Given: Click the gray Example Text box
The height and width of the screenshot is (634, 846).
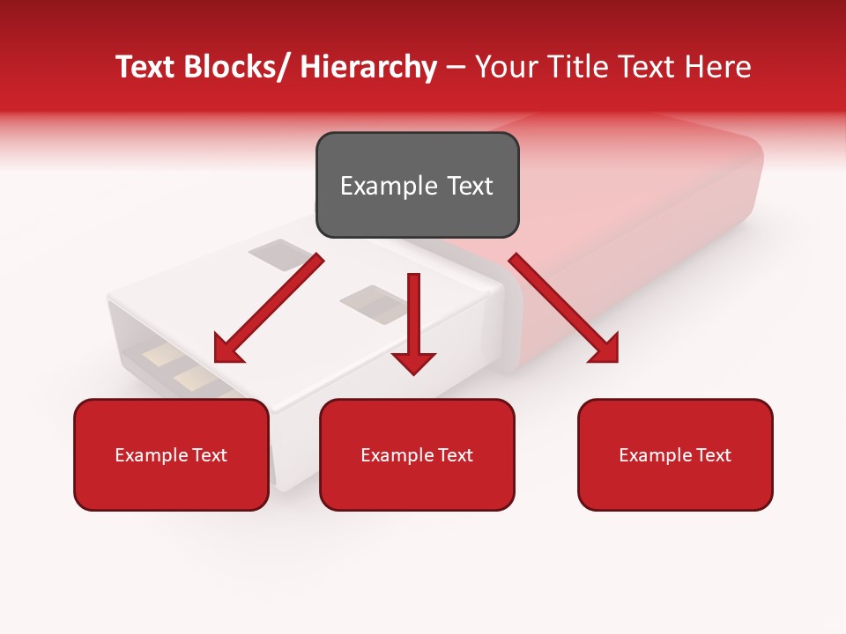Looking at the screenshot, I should coord(417,185).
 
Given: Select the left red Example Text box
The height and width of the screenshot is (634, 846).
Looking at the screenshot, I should coord(171,454).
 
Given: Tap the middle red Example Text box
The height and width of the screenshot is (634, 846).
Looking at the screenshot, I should coord(417,454).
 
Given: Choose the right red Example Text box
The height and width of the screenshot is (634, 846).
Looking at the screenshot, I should coord(675,454).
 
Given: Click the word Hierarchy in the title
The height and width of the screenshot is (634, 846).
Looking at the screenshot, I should coord(368,67).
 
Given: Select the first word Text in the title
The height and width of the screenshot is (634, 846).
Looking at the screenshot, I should coord(146,67).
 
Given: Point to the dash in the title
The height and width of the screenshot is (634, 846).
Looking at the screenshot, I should coord(456,67).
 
